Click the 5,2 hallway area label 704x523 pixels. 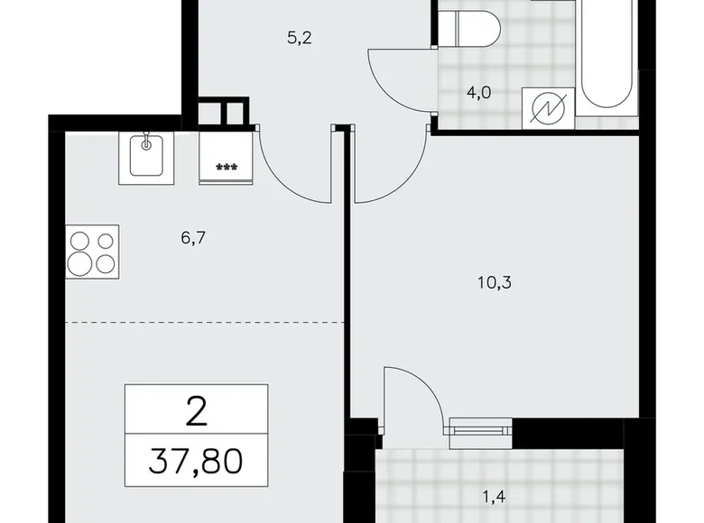click(x=300, y=39)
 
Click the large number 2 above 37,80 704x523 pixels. click(x=195, y=412)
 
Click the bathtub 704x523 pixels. click(x=609, y=54)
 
